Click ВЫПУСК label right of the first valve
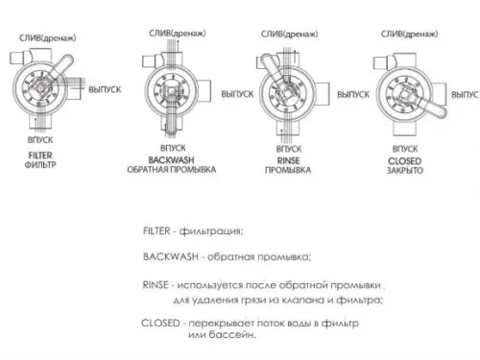click(x=105, y=87)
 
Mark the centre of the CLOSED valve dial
click(x=403, y=94)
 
